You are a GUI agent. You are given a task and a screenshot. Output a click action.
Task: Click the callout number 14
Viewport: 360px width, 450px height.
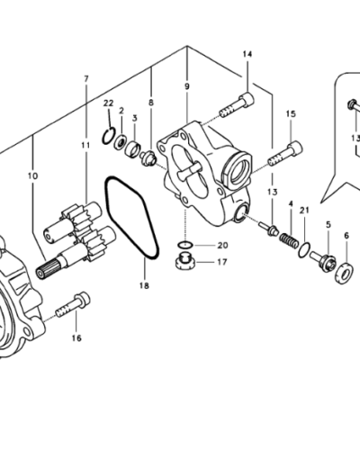(247, 54)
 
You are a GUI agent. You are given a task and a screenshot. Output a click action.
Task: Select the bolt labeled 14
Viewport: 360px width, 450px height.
(237, 105)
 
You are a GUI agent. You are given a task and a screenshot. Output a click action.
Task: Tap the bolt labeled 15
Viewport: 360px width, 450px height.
(285, 154)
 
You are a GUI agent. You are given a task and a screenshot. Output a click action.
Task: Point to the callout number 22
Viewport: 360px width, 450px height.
(109, 103)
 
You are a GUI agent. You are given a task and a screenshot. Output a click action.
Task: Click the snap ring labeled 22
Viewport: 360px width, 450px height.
(108, 136)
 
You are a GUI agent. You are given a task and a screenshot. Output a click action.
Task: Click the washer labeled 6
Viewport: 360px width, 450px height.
(344, 273)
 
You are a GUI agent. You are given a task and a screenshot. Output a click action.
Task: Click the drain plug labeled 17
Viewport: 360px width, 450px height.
(185, 262)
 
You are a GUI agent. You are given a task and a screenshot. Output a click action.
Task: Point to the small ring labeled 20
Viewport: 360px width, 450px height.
(185, 245)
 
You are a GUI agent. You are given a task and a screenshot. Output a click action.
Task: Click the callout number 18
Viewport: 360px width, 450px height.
(144, 286)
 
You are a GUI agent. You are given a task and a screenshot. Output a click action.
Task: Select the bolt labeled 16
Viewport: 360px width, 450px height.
(73, 304)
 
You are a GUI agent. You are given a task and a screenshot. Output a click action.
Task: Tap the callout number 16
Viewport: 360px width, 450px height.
(76, 338)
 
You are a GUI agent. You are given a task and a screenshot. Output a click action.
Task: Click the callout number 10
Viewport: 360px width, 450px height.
(32, 175)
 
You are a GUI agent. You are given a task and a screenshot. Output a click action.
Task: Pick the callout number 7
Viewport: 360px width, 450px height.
(86, 79)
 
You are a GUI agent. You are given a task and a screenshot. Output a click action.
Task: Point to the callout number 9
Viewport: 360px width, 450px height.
(187, 86)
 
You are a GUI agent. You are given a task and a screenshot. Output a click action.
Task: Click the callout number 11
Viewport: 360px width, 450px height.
(85, 146)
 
